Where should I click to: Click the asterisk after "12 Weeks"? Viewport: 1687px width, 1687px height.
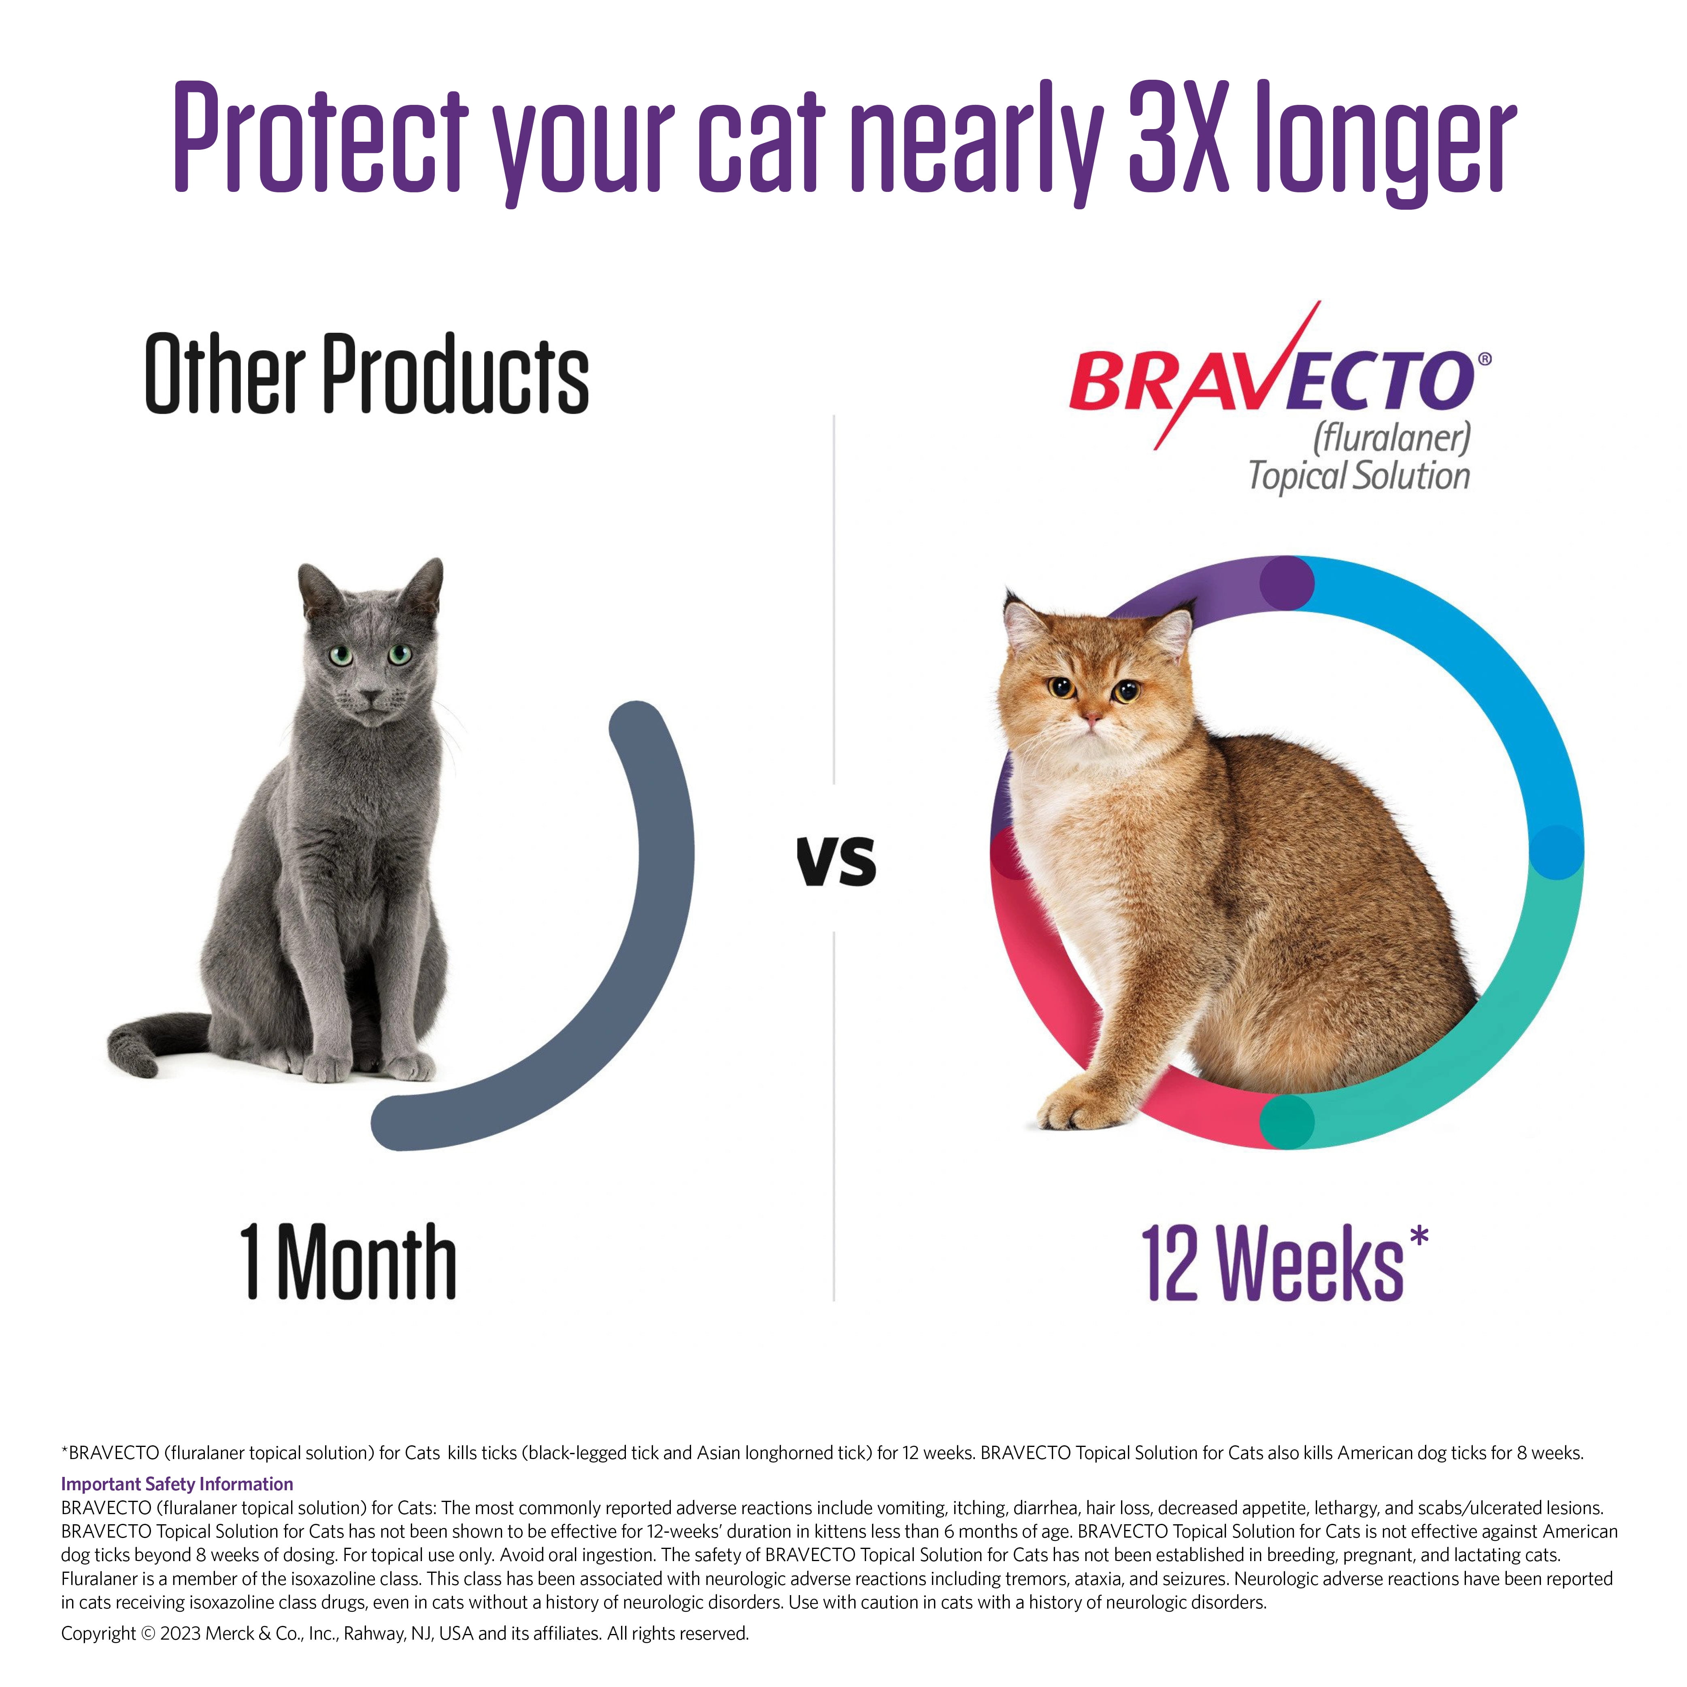(x=1419, y=1236)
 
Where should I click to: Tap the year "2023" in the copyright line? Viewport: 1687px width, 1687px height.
(x=181, y=1633)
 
